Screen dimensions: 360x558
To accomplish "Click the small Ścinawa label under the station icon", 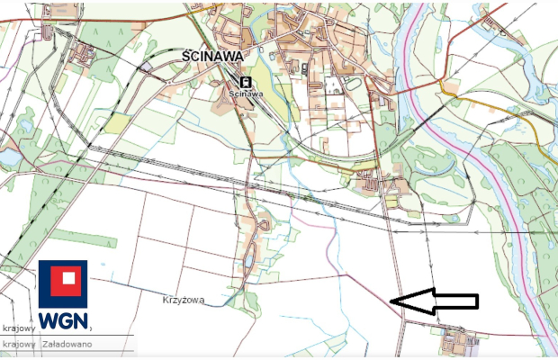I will click(x=246, y=92).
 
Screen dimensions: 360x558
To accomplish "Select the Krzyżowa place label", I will click(x=184, y=299).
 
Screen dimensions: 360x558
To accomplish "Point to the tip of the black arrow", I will click(x=395, y=302).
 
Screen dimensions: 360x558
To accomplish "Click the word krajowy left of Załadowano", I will click(x=18, y=343).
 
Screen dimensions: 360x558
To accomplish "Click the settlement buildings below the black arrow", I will click(x=459, y=342).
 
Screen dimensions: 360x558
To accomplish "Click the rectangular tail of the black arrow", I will click(x=454, y=302).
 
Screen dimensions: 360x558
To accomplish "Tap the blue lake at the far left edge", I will click(x=10, y=157).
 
